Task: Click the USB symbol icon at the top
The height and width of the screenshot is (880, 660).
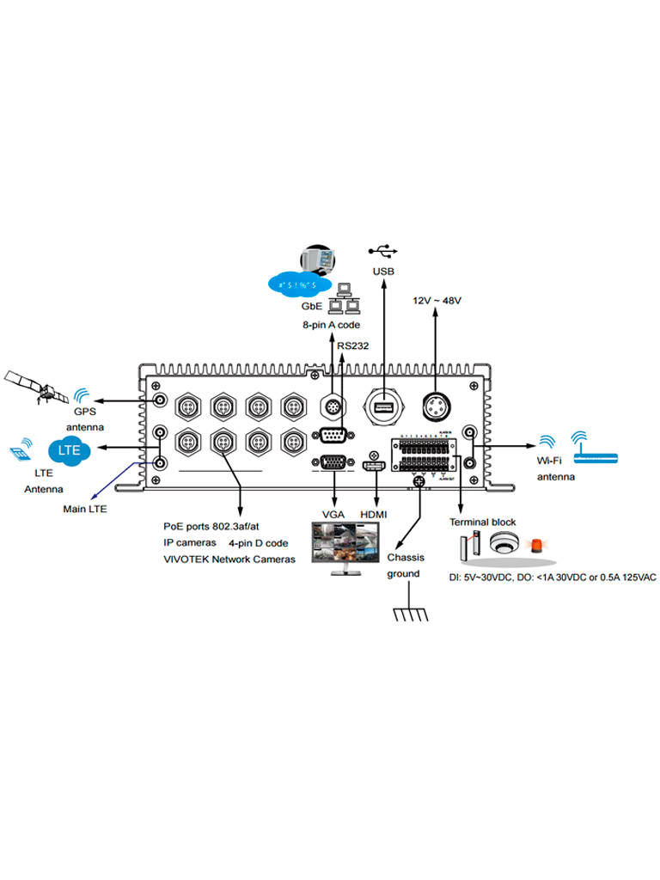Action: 382,251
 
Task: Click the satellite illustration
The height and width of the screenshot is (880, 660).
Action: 38,387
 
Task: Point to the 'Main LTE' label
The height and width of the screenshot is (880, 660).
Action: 85,509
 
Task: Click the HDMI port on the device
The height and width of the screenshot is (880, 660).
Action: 374,467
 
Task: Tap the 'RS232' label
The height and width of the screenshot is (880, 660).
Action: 352,345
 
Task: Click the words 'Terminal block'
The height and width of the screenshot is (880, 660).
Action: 483,522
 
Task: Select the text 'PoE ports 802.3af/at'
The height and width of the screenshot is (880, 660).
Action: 210,526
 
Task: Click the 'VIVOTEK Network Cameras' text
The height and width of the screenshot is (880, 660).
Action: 229,559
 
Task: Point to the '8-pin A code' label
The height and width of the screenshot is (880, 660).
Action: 331,326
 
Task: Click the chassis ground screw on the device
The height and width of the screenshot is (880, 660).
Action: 419,484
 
